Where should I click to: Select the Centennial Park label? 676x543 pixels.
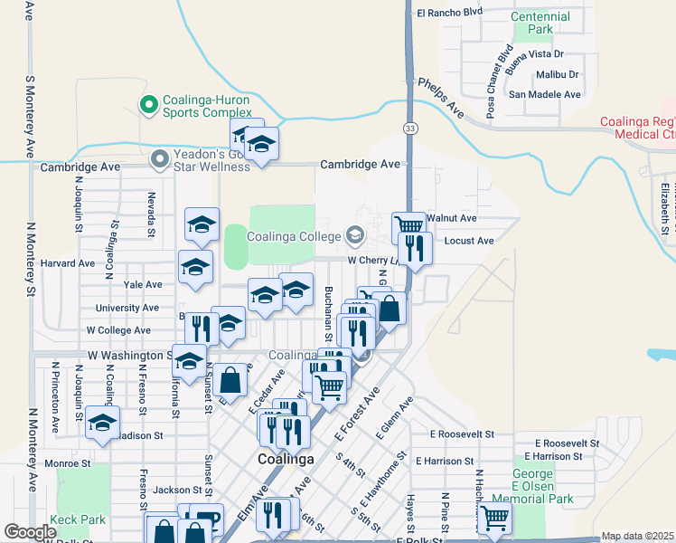[540, 23]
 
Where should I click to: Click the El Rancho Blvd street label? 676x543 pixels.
[450, 13]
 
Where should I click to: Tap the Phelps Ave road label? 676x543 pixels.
[440, 98]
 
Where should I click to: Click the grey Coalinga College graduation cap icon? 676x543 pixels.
[355, 236]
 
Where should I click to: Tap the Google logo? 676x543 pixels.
[30, 532]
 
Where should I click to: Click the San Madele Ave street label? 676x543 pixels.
[544, 94]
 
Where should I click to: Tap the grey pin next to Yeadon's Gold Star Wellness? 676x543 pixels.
[161, 159]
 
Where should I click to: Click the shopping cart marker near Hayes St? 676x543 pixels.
[494, 518]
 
